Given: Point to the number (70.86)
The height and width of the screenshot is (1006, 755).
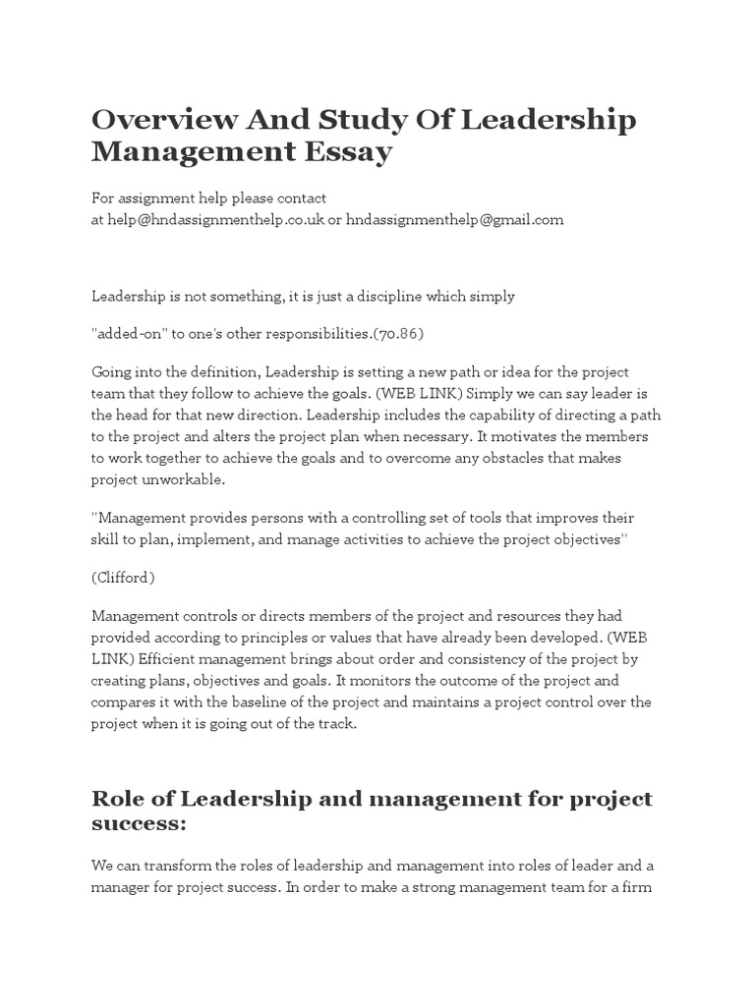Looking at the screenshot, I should [x=398, y=333].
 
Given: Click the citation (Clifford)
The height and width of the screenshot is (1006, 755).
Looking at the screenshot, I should [x=123, y=578].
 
